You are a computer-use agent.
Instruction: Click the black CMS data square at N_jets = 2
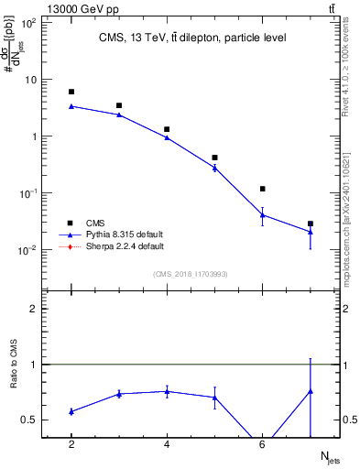tap(71, 92)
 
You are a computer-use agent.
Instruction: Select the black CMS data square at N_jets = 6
tap(263, 189)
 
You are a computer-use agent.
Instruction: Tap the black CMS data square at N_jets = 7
tap(311, 224)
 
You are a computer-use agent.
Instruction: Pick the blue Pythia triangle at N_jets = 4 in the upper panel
tap(167, 137)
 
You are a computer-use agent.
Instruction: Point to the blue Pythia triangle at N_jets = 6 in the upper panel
tap(263, 215)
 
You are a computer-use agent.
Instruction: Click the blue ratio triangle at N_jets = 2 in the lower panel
tap(71, 411)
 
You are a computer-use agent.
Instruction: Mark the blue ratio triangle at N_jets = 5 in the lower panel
tap(214, 397)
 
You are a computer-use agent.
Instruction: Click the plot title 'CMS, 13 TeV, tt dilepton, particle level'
tap(192, 38)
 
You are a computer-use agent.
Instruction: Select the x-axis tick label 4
tap(167, 444)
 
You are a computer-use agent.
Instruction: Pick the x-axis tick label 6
tap(263, 444)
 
